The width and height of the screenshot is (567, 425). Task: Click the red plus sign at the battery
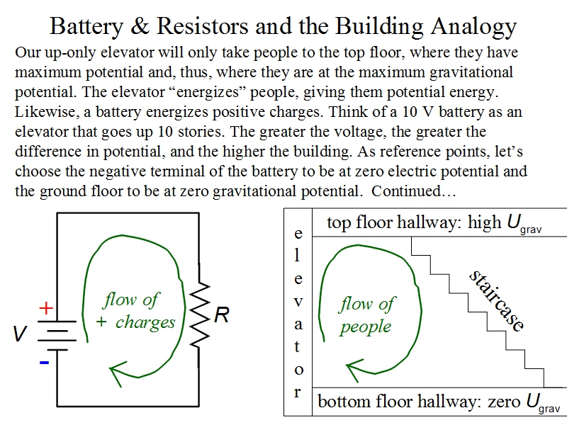pyautogui.click(x=46, y=308)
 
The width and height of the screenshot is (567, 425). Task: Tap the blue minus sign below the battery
pyautogui.click(x=44, y=362)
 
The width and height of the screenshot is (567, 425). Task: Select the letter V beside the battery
pyautogui.click(x=21, y=334)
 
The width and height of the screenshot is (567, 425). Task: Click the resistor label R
pyautogui.click(x=221, y=315)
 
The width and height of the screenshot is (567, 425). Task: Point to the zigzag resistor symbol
pyautogui.click(x=200, y=315)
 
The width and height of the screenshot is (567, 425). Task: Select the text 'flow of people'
pyautogui.click(x=366, y=315)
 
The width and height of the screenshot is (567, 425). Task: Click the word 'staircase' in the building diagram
pyautogui.click(x=497, y=301)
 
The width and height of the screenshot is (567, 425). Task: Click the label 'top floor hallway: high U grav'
pyautogui.click(x=434, y=224)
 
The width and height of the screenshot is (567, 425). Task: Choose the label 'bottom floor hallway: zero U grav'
pyautogui.click(x=438, y=403)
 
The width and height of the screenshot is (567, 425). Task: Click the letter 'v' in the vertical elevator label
pyautogui.click(x=298, y=301)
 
